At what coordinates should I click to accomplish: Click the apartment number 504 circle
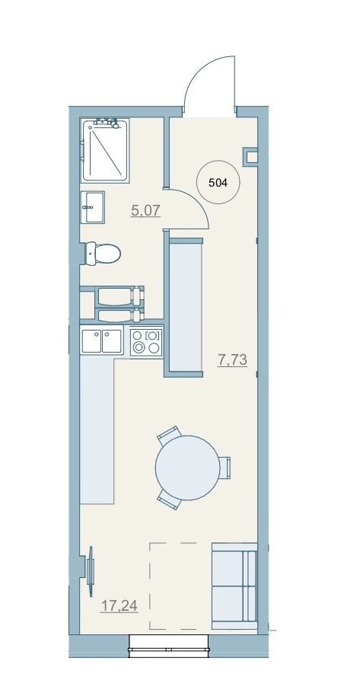pyautogui.click(x=218, y=182)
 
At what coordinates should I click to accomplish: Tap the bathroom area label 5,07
pyautogui.click(x=146, y=210)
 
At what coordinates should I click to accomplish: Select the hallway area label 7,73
pyautogui.click(x=233, y=360)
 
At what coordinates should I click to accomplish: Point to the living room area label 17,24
pyautogui.click(x=119, y=606)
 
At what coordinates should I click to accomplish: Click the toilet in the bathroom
pyautogui.click(x=103, y=254)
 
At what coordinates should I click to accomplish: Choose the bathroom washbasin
pyautogui.click(x=93, y=207)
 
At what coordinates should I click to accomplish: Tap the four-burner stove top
pyautogui.click(x=146, y=342)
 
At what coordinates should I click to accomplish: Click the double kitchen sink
pyautogui.click(x=101, y=341)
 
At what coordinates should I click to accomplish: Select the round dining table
pyautogui.click(x=188, y=468)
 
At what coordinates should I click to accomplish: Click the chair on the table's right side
pyautogui.click(x=225, y=468)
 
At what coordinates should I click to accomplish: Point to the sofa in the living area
pyautogui.click(x=234, y=586)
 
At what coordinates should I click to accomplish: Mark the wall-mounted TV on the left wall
pyautogui.click(x=91, y=571)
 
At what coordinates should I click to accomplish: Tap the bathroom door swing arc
pyautogui.click(x=196, y=202)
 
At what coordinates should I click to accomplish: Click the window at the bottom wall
pyautogui.click(x=169, y=646)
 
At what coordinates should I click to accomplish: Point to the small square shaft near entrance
pyautogui.click(x=250, y=157)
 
